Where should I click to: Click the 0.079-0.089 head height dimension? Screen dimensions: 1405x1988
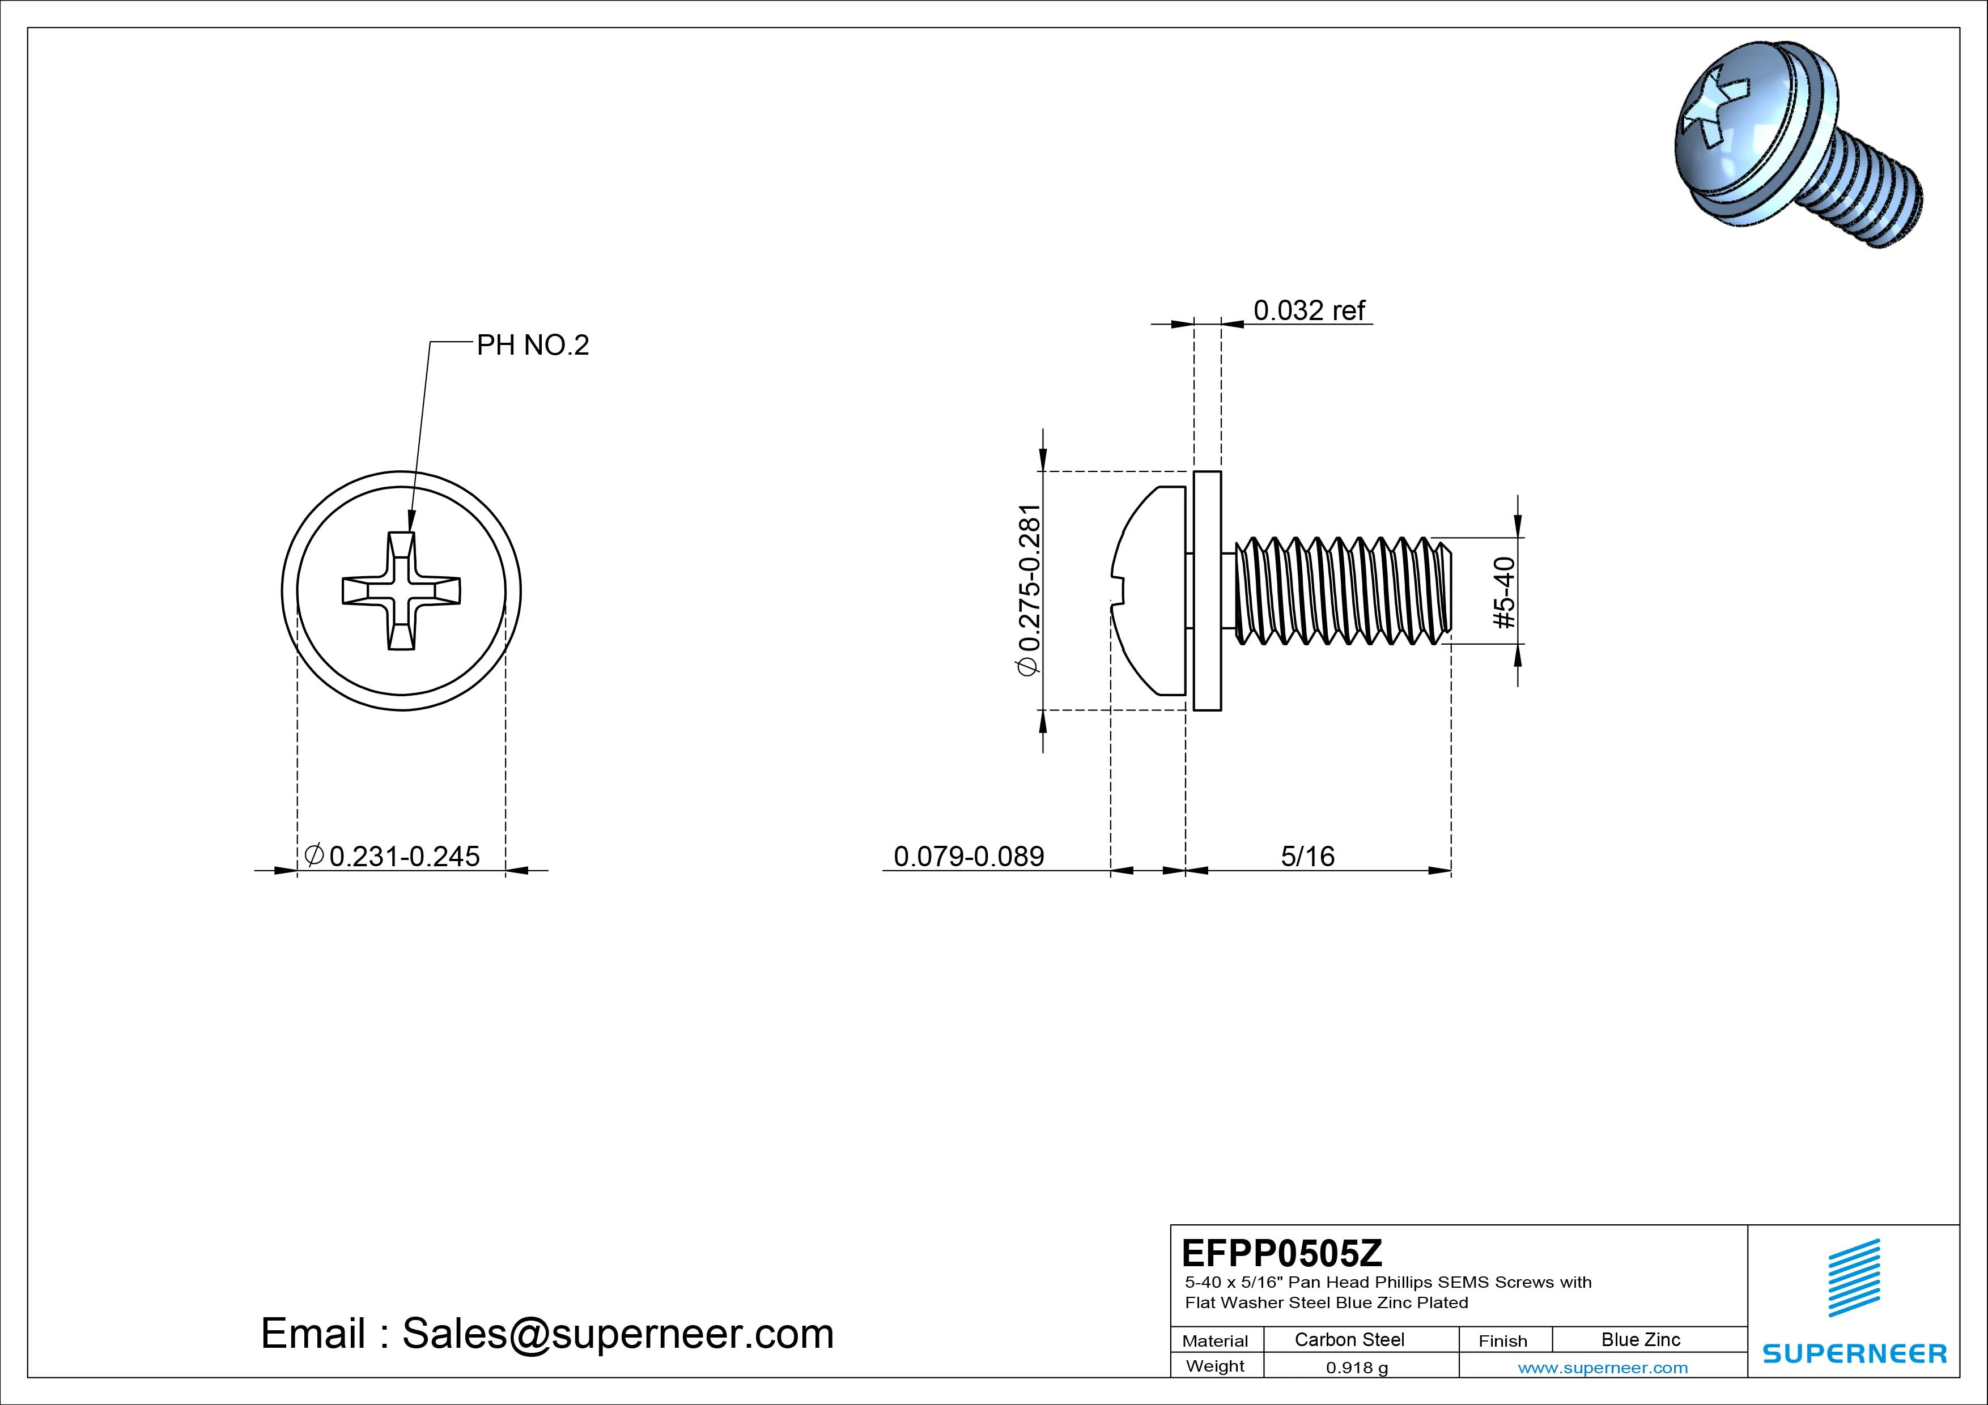[968, 856]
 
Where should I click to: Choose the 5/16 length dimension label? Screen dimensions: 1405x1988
[1307, 856]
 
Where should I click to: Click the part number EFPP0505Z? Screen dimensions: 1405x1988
[1281, 1253]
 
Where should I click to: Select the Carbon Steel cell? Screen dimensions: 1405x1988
[1349, 1339]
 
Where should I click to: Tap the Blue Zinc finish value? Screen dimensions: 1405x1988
[1640, 1339]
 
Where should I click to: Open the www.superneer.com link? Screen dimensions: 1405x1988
[1602, 1368]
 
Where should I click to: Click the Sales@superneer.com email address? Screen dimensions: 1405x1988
[617, 1333]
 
